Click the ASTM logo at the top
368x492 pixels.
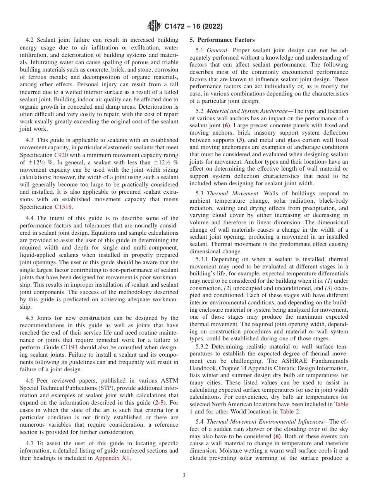pos(154,26)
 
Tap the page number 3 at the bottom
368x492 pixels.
pos(184,475)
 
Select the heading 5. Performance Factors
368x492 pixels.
pos(222,40)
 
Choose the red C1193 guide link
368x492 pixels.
pos(69,347)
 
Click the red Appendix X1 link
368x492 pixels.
pos(112,458)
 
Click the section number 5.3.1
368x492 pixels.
pos(203,259)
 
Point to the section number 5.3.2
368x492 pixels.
pos(203,347)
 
